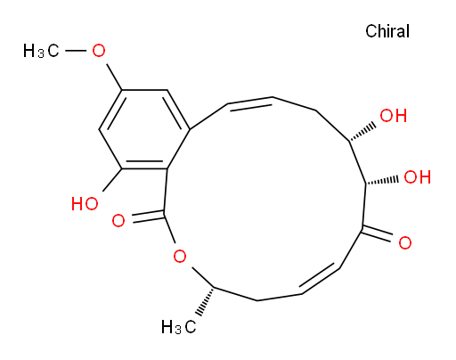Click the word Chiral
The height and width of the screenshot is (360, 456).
pyautogui.click(x=387, y=31)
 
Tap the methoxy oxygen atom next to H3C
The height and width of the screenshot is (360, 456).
pyautogui.click(x=99, y=51)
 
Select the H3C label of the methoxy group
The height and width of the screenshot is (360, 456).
pyautogui.click(x=41, y=51)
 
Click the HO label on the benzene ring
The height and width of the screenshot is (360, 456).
pyautogui.click(x=85, y=204)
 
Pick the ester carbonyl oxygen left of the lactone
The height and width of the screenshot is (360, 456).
pyautogui.click(x=118, y=221)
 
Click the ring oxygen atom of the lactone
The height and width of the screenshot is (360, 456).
pyautogui.click(x=180, y=256)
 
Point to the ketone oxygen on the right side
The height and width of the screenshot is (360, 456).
pyautogui.click(x=405, y=242)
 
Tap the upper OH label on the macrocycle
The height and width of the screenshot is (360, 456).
pyautogui.click(x=394, y=116)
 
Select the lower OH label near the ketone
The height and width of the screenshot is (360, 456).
pyautogui.click(x=417, y=177)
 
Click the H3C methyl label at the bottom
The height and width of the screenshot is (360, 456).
pyautogui.click(x=179, y=327)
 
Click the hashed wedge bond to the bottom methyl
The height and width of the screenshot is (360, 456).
pyautogui.click(x=206, y=301)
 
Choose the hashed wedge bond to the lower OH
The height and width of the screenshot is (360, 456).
pyautogui.click(x=382, y=181)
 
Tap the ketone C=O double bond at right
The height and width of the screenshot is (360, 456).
pyautogui.click(x=377, y=233)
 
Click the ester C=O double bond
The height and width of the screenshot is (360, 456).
pyautogui.click(x=148, y=217)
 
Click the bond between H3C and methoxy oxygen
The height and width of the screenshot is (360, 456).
pyautogui.click(x=76, y=51)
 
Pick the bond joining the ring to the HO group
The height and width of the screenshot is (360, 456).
pyautogui.click(x=112, y=180)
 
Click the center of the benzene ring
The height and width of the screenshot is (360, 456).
pyautogui.click(x=144, y=129)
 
